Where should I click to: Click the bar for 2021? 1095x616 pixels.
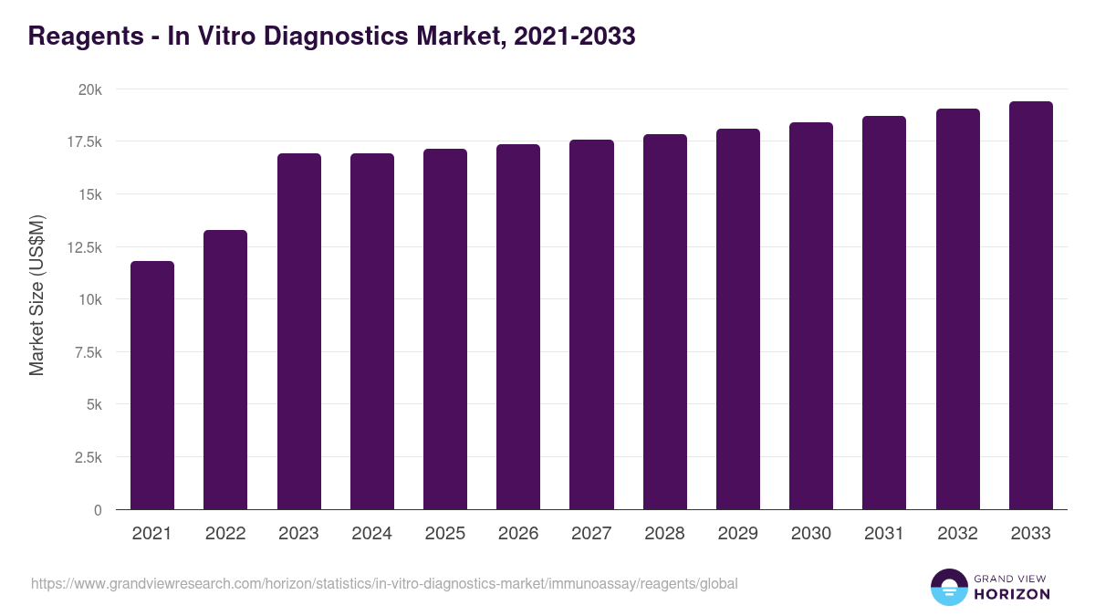(x=152, y=385)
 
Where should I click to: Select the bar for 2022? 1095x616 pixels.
(x=225, y=370)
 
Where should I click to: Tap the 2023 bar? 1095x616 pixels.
(x=299, y=331)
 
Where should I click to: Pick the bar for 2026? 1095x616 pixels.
(x=518, y=327)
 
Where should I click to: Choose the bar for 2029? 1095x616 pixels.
(x=738, y=319)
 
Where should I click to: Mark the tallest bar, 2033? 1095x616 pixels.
(x=1031, y=306)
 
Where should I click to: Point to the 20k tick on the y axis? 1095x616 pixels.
(x=89, y=89)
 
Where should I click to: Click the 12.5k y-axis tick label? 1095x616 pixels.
(x=84, y=247)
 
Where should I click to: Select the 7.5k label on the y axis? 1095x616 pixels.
(x=87, y=352)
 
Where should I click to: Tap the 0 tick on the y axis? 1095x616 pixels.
(x=98, y=510)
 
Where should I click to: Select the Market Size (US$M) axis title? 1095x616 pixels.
(x=36, y=295)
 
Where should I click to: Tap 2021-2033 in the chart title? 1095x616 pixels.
(x=575, y=37)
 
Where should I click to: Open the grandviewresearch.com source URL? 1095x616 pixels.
(x=384, y=583)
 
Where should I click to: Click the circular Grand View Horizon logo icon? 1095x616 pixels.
(x=949, y=588)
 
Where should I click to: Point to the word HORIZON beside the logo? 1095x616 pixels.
(x=1011, y=594)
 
